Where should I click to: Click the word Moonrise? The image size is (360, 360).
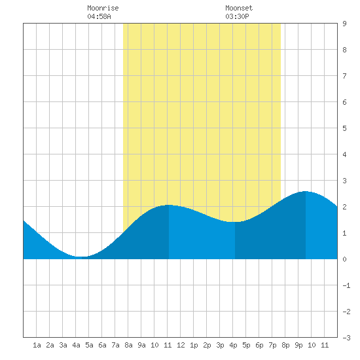pos(103,8)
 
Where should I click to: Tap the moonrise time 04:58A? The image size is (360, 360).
pos(99,16)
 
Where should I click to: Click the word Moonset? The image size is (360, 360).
pos(239,8)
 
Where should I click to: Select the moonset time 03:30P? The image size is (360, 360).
pos(237,16)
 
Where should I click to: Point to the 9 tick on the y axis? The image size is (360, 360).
pos(344,24)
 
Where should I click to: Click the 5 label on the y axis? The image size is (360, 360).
pos(344,128)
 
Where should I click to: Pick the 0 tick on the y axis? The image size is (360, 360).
pos(344,259)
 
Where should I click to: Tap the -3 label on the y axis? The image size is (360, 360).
pos(346,338)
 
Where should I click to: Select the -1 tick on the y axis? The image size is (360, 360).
pos(346,285)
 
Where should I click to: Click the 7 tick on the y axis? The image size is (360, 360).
pos(344,76)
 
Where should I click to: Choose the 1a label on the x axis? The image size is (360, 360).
pos(37,345)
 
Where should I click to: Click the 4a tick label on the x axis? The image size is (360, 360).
pos(76,345)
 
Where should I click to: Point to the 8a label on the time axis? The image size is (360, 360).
pos(128,345)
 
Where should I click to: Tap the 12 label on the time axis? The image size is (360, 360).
pos(181,345)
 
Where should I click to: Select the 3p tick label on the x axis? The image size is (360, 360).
pos(220,345)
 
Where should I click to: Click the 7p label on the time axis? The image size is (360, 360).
pos(272,345)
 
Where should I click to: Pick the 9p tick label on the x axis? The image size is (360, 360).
pos(298,345)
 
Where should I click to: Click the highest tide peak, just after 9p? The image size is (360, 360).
pos(306,191)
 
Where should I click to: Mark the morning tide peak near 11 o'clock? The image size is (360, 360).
pos(168,205)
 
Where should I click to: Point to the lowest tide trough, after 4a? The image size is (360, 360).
pos(82,257)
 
